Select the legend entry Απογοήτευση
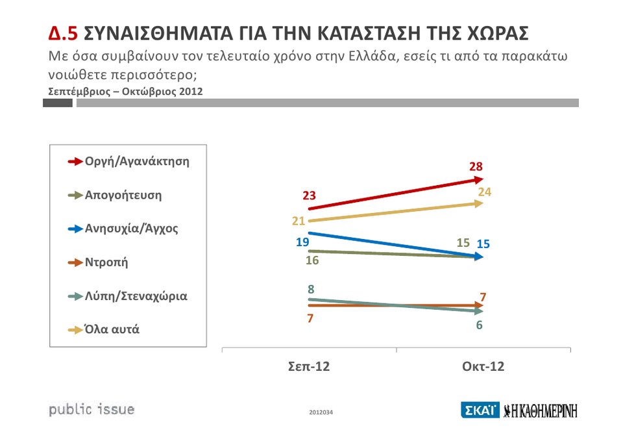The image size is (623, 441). (123, 195)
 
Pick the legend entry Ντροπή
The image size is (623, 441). (106, 262)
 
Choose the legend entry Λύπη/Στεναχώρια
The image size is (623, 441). (136, 296)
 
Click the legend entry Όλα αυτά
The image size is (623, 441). (112, 329)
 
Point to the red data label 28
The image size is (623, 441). (476, 167)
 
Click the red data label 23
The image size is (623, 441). (308, 195)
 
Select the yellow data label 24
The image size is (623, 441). (485, 192)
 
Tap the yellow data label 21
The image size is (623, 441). (299, 221)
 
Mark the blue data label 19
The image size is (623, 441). (302, 242)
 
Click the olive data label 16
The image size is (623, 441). (311, 261)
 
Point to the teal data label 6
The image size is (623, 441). (479, 325)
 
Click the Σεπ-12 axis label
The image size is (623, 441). (309, 367)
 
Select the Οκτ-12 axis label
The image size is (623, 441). (483, 367)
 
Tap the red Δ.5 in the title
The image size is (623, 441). (64, 34)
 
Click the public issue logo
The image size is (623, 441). (92, 409)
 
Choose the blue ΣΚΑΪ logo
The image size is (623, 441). (480, 410)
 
